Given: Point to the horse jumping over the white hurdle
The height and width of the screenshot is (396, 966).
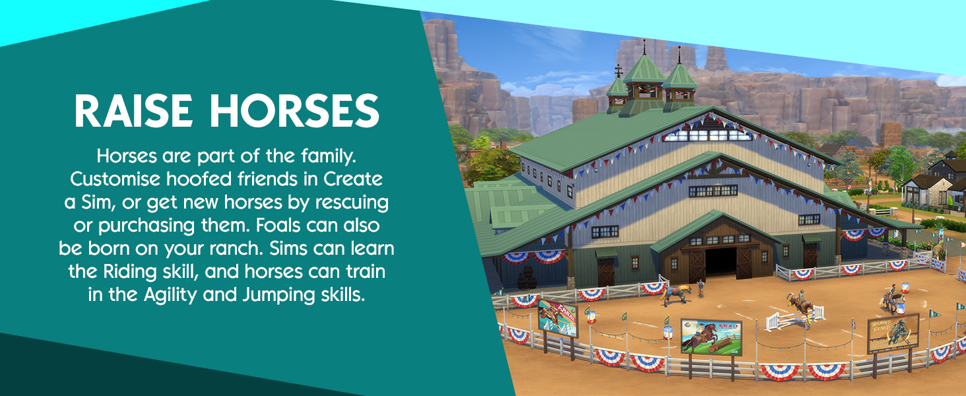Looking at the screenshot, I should [801, 304].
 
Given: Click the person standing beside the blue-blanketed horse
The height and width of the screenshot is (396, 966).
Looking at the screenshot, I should [701, 288].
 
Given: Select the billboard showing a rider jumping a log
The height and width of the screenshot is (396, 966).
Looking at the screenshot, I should [711, 337].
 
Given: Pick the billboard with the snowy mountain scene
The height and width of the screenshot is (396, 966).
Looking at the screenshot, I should [557, 317].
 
